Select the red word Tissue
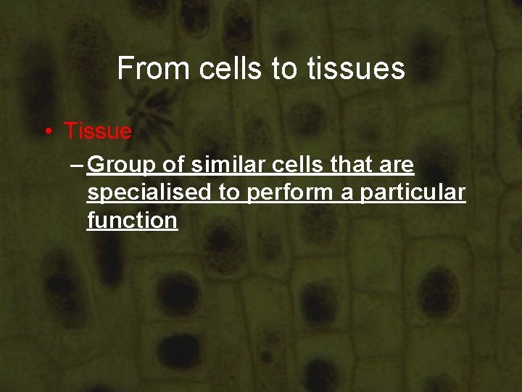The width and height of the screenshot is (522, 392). pos(98,131)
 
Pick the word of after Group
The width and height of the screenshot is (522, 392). pos(174,166)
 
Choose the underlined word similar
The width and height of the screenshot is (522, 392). pos(229,166)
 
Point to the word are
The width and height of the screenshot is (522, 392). pos(398,166)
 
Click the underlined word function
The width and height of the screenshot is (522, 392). pos(132,220)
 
